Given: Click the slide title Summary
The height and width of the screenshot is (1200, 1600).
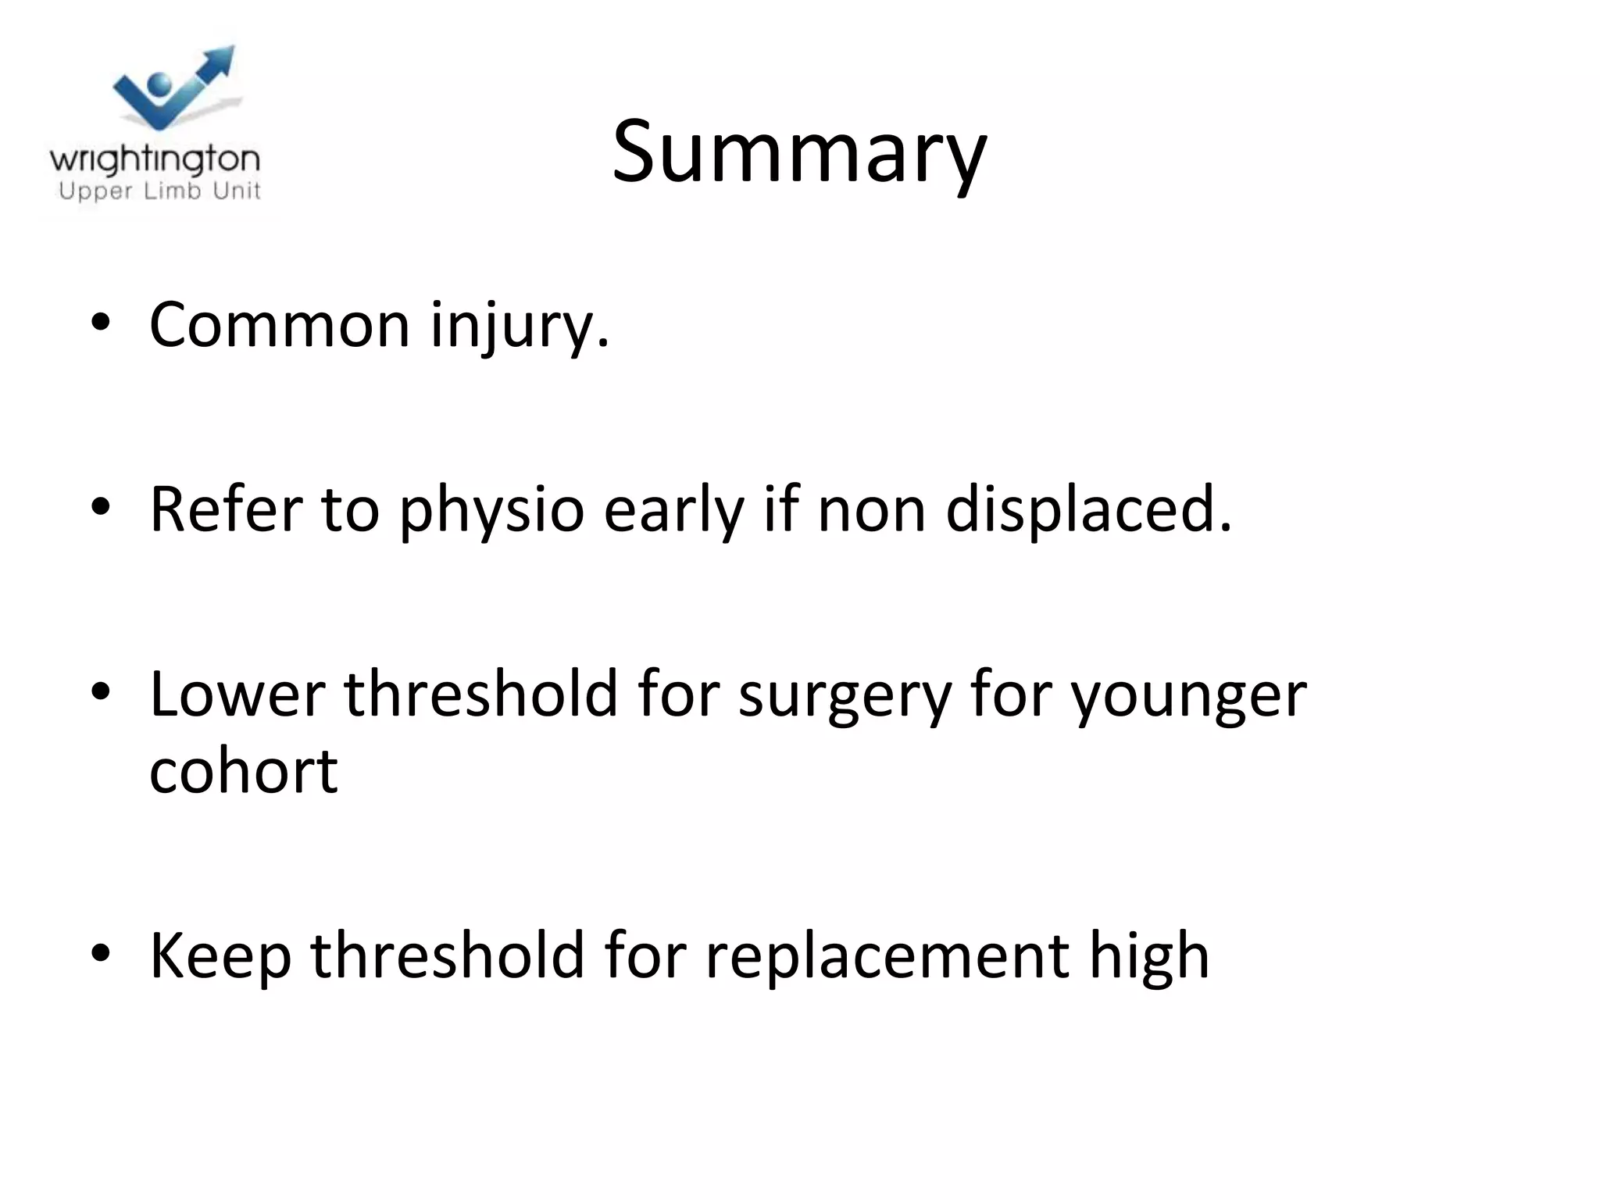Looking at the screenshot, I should tap(798, 152).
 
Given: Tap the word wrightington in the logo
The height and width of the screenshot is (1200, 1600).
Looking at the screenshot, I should tap(155, 160).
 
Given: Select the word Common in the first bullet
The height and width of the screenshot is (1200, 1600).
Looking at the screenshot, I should tap(279, 324).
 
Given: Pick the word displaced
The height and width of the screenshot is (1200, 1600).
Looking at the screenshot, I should tap(1088, 509).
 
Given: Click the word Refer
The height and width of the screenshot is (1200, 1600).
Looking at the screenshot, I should tap(226, 509).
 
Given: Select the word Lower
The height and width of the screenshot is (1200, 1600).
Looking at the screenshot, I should tap(237, 694).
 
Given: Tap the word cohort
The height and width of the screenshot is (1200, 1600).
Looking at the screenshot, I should tap(243, 770).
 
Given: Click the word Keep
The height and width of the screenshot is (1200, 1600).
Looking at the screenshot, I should tap(220, 956).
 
